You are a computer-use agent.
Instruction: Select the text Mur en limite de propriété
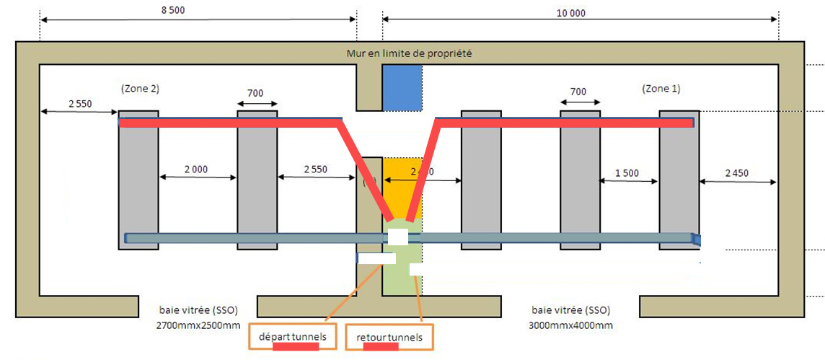409,53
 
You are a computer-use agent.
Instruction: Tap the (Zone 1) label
660,89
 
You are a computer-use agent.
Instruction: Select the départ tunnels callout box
292,338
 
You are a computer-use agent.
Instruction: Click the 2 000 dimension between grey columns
196,170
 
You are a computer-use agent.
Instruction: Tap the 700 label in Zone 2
255,93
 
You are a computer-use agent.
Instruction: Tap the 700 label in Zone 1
578,92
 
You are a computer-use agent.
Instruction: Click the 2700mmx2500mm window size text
198,325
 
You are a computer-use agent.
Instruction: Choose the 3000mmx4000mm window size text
572,325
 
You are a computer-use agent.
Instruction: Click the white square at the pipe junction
399,237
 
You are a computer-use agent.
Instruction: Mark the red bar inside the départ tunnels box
296,347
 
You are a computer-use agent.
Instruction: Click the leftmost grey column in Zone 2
138,180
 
